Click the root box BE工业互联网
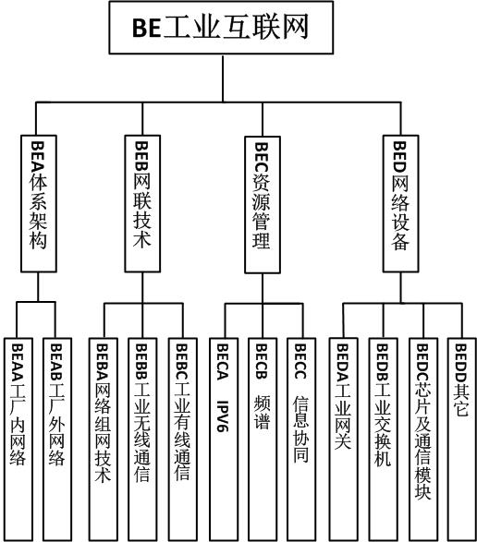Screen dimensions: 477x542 pos(221,28)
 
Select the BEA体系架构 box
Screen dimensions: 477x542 pos(39,203)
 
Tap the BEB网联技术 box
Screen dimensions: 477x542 pos(142,203)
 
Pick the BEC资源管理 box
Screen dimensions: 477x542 pos(263,205)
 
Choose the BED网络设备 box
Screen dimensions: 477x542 pos(400,203)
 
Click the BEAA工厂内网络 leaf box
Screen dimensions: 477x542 pos(18,440)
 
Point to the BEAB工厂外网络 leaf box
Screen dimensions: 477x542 pos(57,440)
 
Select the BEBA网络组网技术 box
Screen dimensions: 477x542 pos(103,440)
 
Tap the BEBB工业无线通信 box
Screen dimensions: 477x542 pos(142,440)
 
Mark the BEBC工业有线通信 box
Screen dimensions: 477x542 pos(182,440)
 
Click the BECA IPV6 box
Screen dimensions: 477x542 pos(224,440)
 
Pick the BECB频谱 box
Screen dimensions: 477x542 pos(263,440)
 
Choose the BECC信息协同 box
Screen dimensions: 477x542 pos(301,440)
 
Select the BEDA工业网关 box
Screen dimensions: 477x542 pos(343,440)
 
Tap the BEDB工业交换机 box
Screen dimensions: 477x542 pos(383,440)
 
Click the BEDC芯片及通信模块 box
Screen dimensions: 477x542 pos(423,440)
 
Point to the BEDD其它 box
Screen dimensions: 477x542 pos(462,440)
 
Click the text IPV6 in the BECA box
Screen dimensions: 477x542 pos(223,416)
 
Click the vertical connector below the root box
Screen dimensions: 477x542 pos(223,78)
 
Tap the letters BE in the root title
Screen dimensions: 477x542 pos(146,28)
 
